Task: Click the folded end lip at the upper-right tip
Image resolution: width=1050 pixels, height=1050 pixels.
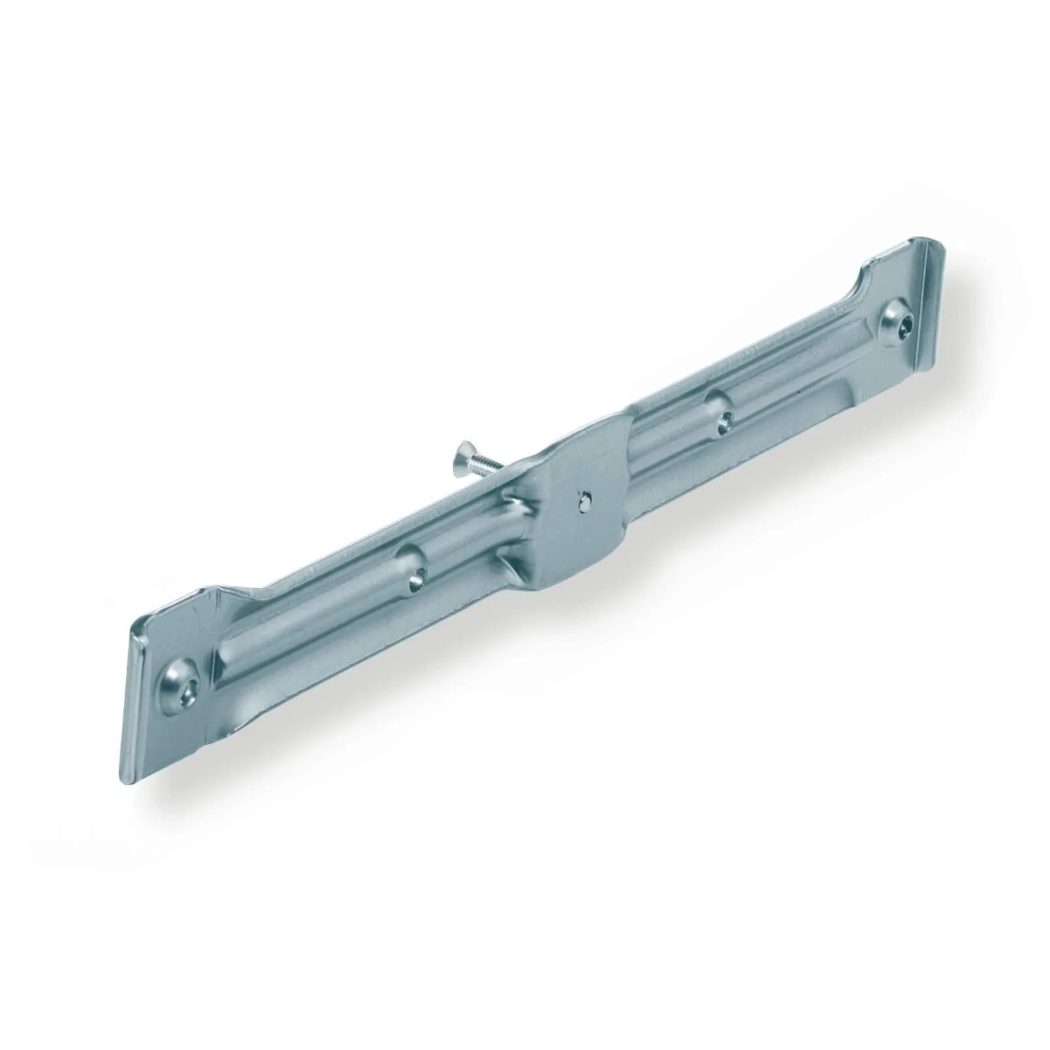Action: click(931, 259)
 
